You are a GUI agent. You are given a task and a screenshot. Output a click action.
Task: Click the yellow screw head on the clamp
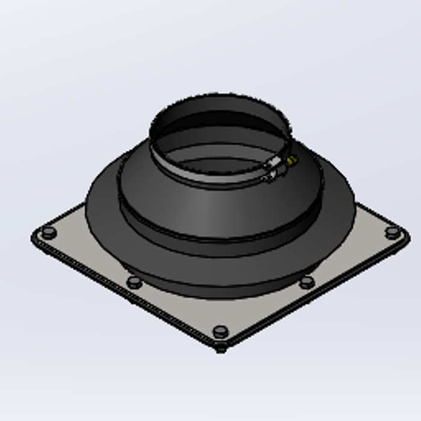tap(292, 160)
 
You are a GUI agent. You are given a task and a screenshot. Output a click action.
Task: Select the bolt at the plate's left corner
tap(48, 232)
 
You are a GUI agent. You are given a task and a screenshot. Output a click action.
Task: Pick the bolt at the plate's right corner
tap(392, 231)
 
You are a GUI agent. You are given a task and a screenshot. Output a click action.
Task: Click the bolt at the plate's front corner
tap(221, 331)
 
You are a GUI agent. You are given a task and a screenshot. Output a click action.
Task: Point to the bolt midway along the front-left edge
tap(134, 281)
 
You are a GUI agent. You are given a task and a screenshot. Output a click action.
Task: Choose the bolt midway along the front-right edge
tap(307, 281)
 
